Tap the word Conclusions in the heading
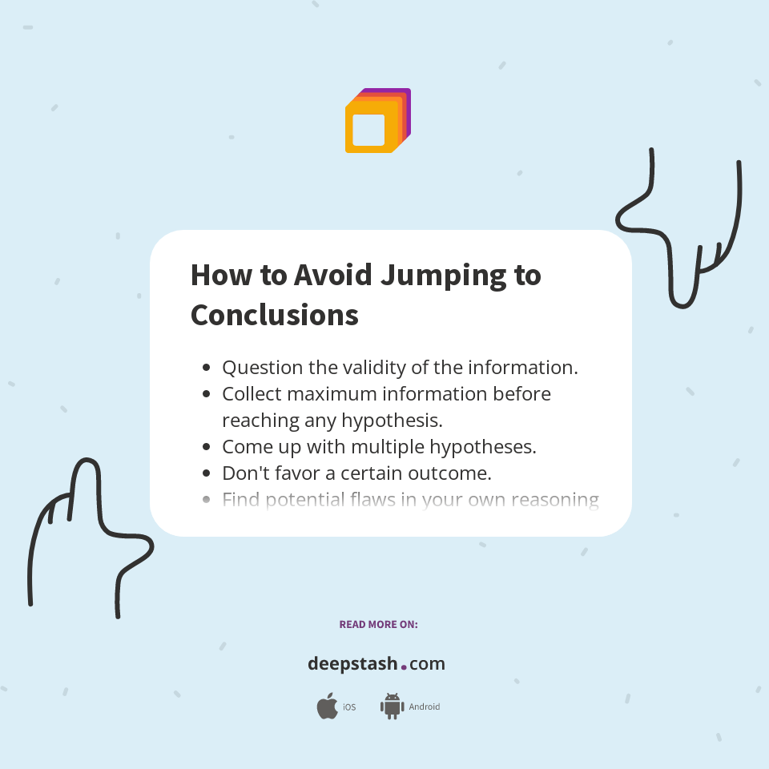(275, 315)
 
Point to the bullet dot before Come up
(207, 447)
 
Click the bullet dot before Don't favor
(207, 473)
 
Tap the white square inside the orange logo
(368, 130)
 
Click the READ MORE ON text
(378, 624)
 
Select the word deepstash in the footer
(352, 664)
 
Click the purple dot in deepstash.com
(404, 666)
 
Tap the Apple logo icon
(327, 707)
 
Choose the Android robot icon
(392, 706)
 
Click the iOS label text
(349, 707)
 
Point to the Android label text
(424, 707)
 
